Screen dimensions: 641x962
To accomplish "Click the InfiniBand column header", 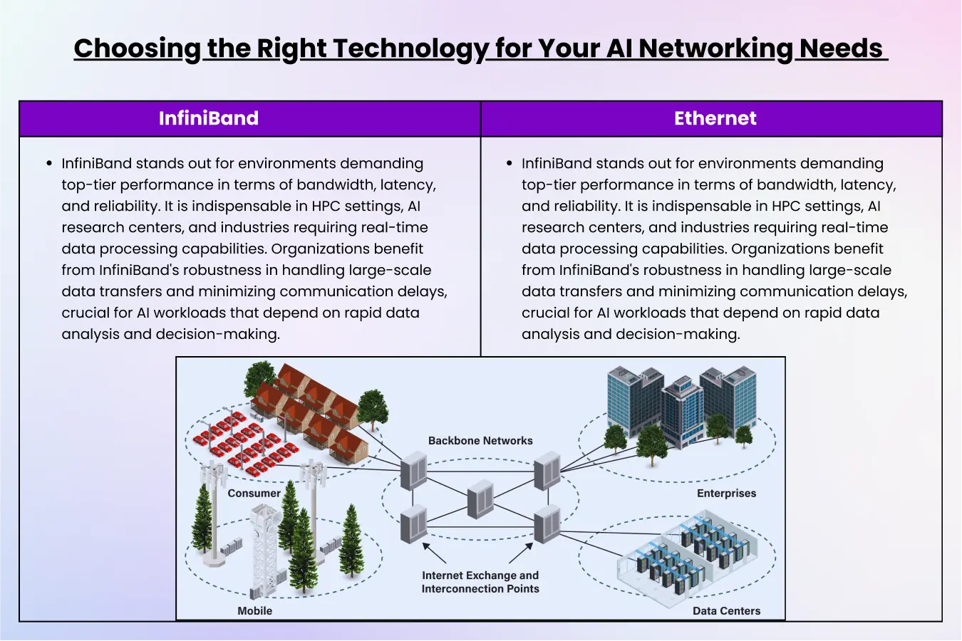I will pos(209,118).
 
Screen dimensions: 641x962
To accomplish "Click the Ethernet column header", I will pos(715,118).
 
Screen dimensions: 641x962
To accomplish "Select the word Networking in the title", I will pos(715,48).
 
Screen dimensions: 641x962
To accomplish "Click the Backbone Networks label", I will pos(480,441).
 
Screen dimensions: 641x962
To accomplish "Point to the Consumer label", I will pos(254,493).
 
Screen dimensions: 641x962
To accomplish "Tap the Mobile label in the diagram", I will pos(255,610).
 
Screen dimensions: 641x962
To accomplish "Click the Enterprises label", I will pos(726,493).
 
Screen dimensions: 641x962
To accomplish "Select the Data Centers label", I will pos(726,610).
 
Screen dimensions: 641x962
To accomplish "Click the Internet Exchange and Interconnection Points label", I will pos(480,582).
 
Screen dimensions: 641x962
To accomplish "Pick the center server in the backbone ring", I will pos(480,499).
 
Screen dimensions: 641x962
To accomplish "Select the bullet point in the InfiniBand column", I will pos(49,164).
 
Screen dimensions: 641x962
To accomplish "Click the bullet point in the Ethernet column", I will pos(510,164).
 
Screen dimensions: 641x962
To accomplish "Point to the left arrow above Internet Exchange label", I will pos(434,553).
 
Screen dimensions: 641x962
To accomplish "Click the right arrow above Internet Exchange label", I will pos(521,553).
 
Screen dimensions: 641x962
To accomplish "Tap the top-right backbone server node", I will pos(547,470).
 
